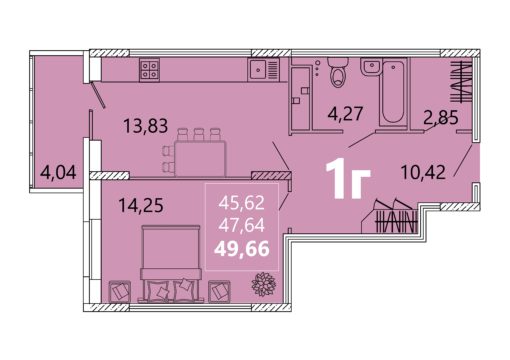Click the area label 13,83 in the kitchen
click(x=145, y=126)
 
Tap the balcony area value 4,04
click(x=58, y=173)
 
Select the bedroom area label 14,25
click(x=141, y=205)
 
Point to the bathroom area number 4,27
click(x=345, y=114)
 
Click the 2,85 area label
click(x=441, y=118)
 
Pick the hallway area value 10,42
click(x=423, y=172)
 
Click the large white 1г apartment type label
click(x=348, y=179)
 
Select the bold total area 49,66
click(x=242, y=249)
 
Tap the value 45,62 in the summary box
click(x=242, y=203)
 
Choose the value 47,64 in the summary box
click(x=242, y=225)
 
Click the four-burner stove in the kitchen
click(x=149, y=70)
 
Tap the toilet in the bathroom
click(x=338, y=72)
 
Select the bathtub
click(x=393, y=92)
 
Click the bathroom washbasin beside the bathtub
click(x=370, y=67)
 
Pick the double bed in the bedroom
click(x=171, y=264)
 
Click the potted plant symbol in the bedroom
click(x=264, y=284)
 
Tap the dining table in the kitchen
click(x=200, y=158)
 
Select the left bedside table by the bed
click(x=120, y=292)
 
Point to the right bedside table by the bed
click(x=219, y=292)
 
